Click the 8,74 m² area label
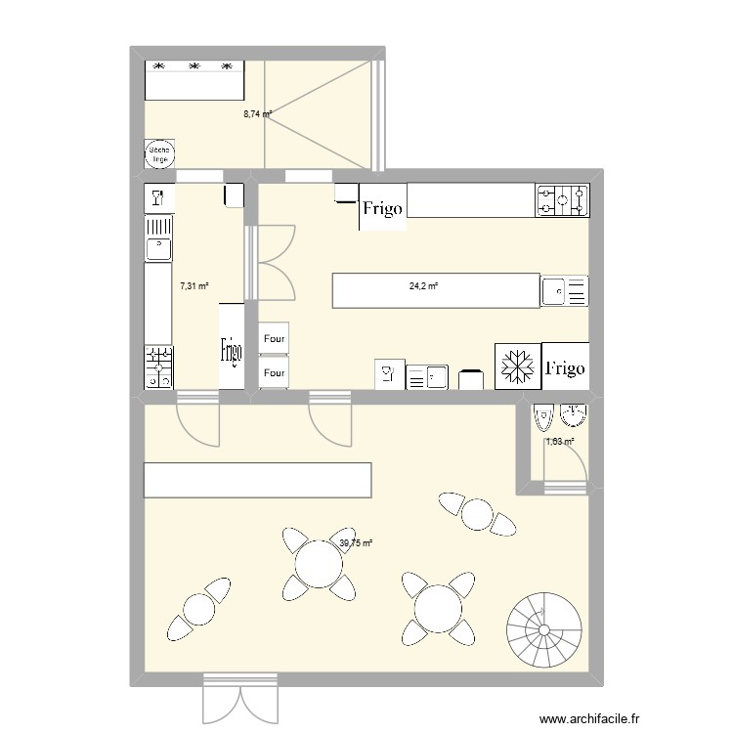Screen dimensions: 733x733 coord(257,113)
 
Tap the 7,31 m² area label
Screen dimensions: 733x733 coord(194,286)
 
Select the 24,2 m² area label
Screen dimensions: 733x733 coord(423,286)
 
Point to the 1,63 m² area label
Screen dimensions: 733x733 coord(559,442)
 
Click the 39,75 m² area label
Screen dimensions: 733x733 coord(357,543)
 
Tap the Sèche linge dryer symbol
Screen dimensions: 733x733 coord(159,154)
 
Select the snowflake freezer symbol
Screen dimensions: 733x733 coord(517,366)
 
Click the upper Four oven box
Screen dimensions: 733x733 coord(274,339)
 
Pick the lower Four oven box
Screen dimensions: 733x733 coord(274,372)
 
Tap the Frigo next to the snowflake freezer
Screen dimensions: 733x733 coord(566,366)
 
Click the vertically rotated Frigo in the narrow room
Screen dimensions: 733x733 coord(231,347)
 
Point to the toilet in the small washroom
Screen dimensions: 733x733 coord(543,418)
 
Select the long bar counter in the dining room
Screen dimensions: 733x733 coord(257,480)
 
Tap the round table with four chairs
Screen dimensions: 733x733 coord(318,564)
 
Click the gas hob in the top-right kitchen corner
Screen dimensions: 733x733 coord(562,200)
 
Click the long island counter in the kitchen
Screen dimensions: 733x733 coord(436,290)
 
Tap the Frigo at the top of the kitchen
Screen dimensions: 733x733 coord(383,208)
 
